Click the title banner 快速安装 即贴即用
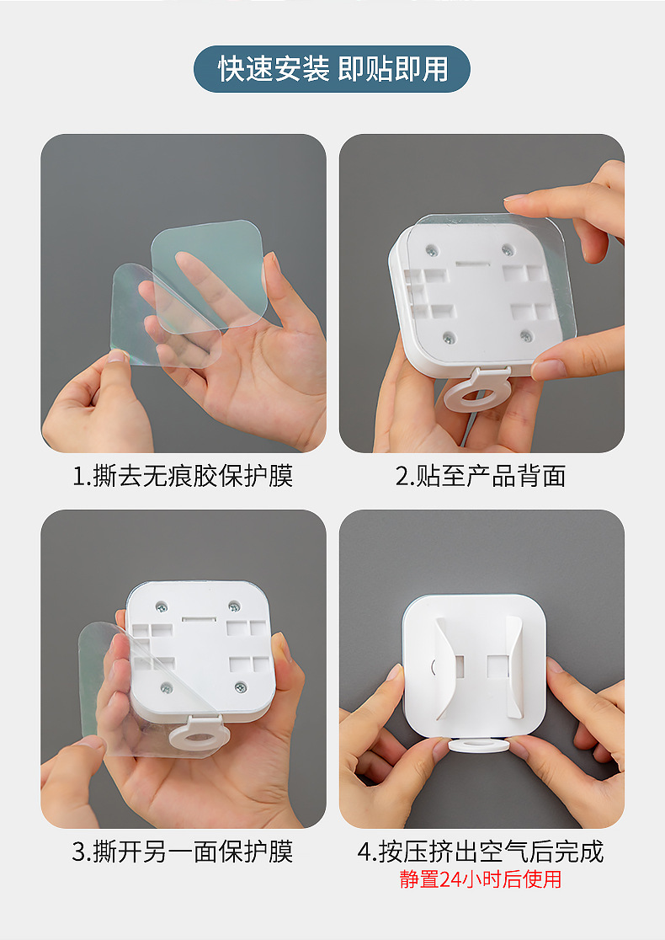[x=332, y=69]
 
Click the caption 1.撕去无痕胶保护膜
[x=183, y=476]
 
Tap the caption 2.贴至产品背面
[x=481, y=476]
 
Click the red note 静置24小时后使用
[x=481, y=879]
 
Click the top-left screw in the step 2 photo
[x=432, y=249]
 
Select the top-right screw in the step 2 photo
[x=508, y=249]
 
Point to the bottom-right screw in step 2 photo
[x=526, y=336]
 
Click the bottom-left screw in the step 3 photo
[x=166, y=687]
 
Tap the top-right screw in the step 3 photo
[x=234, y=606]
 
